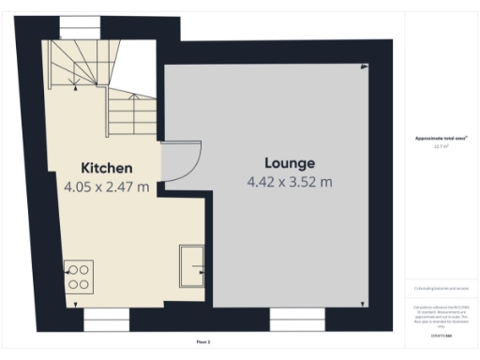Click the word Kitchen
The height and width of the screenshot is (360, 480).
[x=105, y=168]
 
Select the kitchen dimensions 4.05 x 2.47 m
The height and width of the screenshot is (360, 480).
[x=106, y=187]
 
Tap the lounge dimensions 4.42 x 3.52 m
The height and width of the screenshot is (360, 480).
[x=289, y=181]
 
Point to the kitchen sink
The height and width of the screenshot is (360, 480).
[x=192, y=263]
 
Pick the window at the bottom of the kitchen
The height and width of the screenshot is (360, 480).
[x=106, y=321]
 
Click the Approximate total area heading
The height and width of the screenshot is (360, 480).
[x=441, y=139]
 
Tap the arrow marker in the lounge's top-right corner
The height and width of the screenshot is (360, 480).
[x=365, y=67]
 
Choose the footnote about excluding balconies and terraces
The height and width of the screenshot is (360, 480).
[x=441, y=289]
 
